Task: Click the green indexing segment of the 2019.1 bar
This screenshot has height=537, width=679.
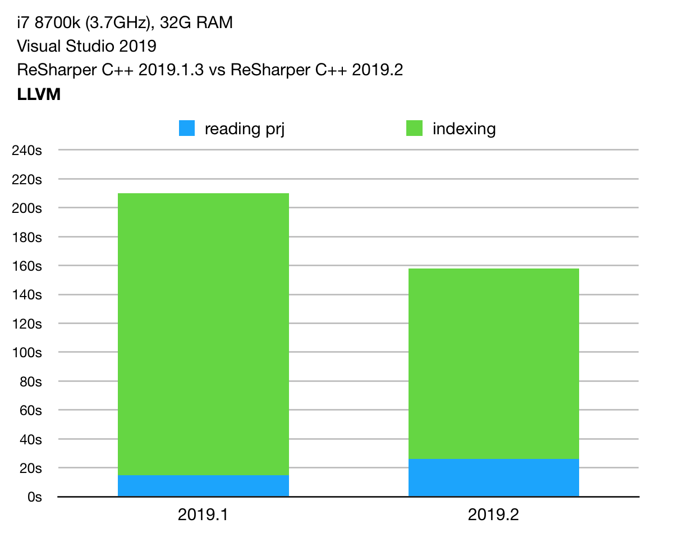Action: pyautogui.click(x=203, y=334)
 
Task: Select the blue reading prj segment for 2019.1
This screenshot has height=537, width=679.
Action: pyautogui.click(x=203, y=486)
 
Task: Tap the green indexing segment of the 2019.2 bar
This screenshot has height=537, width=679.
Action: pyautogui.click(x=493, y=363)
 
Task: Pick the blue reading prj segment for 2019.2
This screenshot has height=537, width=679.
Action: pyautogui.click(x=493, y=477)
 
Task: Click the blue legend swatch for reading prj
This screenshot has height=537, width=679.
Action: pyautogui.click(x=187, y=129)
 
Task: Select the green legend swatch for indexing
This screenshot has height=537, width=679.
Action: pyautogui.click(x=414, y=129)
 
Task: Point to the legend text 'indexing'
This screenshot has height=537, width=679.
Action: pyautogui.click(x=464, y=129)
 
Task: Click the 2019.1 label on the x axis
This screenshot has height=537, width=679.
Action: pyautogui.click(x=203, y=515)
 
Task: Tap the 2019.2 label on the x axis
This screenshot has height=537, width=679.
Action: pyautogui.click(x=493, y=515)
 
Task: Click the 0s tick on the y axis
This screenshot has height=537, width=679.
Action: pyautogui.click(x=35, y=497)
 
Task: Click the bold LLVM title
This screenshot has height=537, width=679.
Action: pyautogui.click(x=39, y=95)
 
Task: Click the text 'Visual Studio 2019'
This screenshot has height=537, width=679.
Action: pyautogui.click(x=86, y=47)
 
